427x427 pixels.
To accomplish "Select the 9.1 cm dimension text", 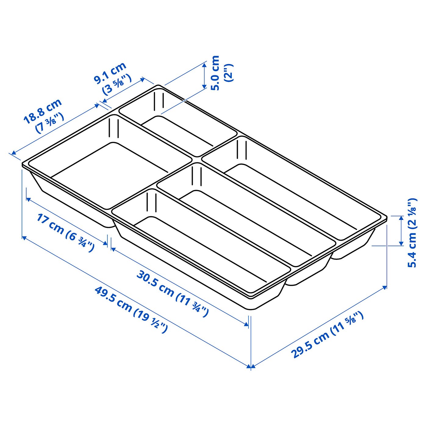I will (x=110, y=73).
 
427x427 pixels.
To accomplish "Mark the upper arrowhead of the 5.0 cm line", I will (x=204, y=65).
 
